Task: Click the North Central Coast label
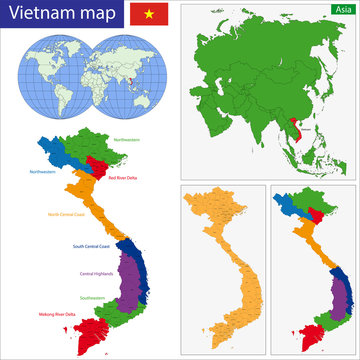[x=71, y=214]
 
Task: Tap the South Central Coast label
[x=93, y=246]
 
